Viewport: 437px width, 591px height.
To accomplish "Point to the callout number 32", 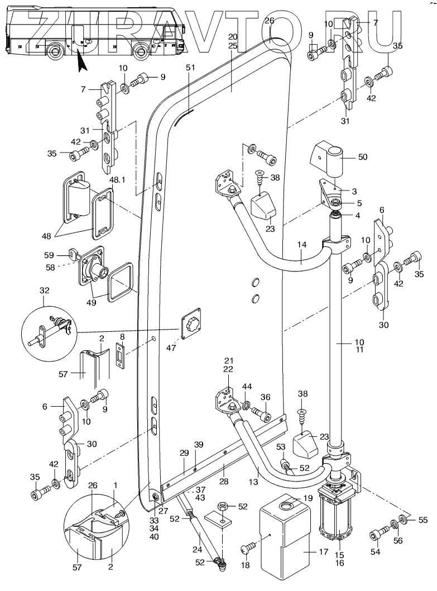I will click(44, 291).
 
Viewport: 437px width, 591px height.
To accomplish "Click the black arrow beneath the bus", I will click(81, 59).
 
